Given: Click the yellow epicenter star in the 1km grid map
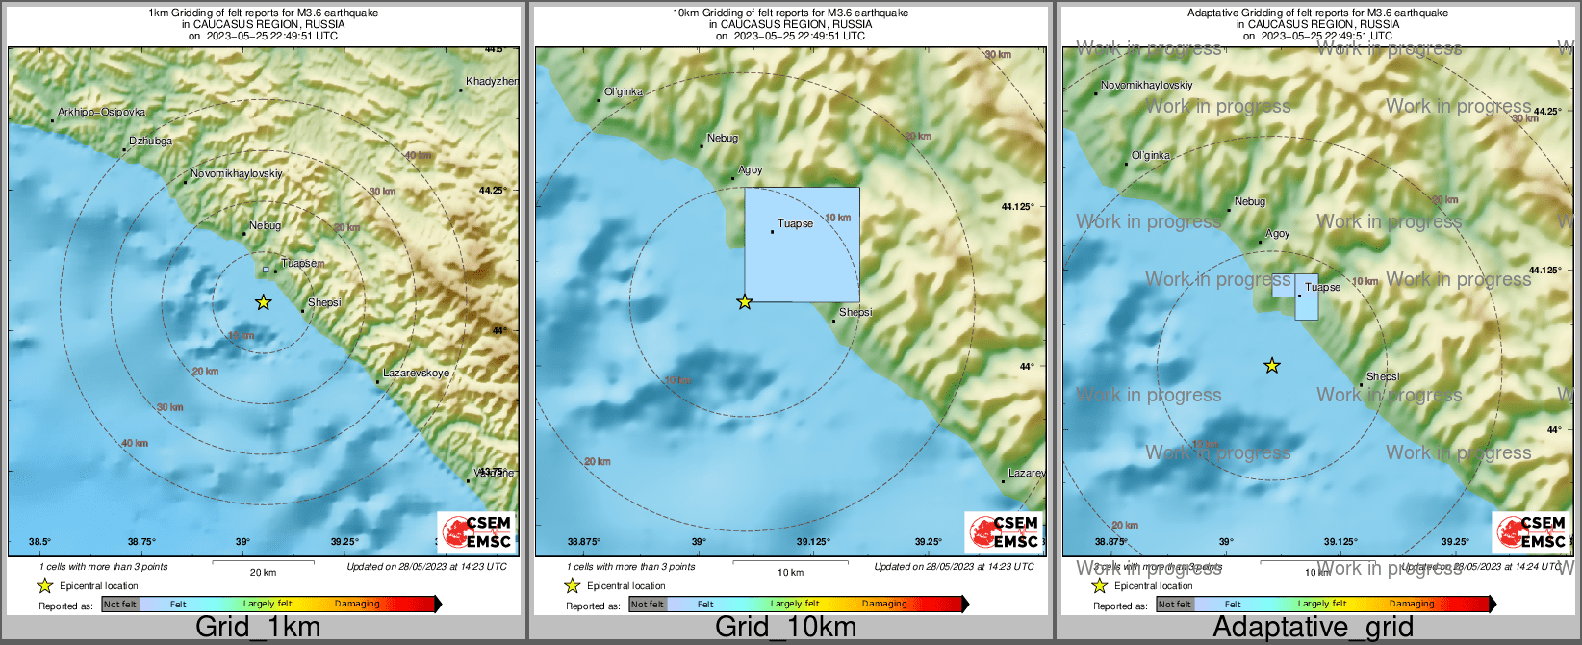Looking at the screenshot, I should click(263, 302).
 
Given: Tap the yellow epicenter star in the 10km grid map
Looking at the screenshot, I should click(744, 302).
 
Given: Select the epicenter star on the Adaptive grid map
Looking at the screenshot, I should click(1272, 366).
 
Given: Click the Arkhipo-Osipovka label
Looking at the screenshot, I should click(101, 113).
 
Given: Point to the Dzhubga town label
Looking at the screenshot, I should click(151, 142).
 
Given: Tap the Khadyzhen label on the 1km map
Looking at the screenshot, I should click(491, 82).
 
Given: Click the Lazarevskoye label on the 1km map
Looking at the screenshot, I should click(416, 373).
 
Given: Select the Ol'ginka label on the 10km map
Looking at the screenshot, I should click(624, 92).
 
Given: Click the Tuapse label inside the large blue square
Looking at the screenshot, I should click(795, 223).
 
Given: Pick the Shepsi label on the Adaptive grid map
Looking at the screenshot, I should click(1383, 376).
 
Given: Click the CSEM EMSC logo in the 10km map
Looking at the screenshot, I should click(1003, 531).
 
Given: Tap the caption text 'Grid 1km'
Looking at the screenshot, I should click(258, 627).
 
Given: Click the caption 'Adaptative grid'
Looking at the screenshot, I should click(1313, 627).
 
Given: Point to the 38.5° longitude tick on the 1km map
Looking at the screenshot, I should click(39, 542).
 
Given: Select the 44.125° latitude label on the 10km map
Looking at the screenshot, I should click(1017, 206).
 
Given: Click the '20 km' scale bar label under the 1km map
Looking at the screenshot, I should click(263, 572).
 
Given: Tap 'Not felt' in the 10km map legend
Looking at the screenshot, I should click(648, 605).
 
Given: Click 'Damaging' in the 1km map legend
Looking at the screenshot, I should click(357, 604).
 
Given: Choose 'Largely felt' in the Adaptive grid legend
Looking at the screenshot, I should click(1321, 604).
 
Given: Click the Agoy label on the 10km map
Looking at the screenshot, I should click(751, 169).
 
